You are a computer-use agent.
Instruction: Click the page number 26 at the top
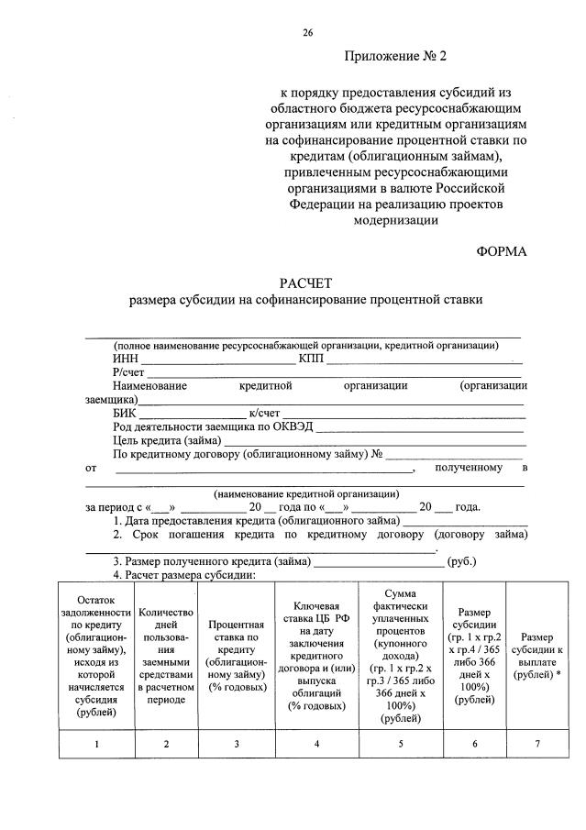click(308, 33)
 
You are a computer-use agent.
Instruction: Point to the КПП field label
click(311, 359)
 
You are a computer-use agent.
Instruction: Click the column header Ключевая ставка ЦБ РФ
click(316, 654)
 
